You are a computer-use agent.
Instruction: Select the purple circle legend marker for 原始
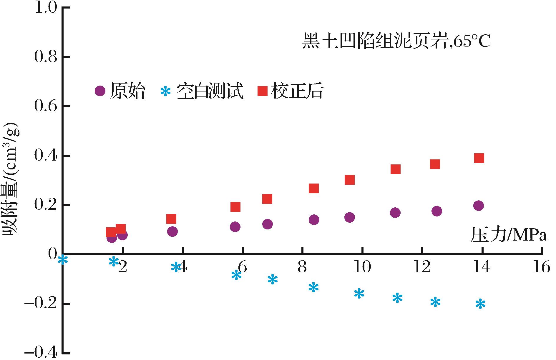100,91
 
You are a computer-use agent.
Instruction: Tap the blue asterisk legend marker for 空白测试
165,91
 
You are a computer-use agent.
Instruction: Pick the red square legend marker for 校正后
262,91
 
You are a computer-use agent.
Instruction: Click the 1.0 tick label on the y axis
45,7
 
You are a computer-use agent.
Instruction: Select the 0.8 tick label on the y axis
45,57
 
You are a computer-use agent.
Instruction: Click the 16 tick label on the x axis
542,267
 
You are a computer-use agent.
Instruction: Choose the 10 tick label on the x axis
362,267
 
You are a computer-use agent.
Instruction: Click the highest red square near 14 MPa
479,158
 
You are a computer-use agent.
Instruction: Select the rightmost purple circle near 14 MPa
479,205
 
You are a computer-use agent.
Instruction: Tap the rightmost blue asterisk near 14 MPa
480,304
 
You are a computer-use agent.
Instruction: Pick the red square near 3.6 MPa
171,219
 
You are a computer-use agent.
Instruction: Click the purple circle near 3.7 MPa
172,231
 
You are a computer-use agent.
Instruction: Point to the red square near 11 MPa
395,169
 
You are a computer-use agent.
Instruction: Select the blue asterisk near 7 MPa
273,279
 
